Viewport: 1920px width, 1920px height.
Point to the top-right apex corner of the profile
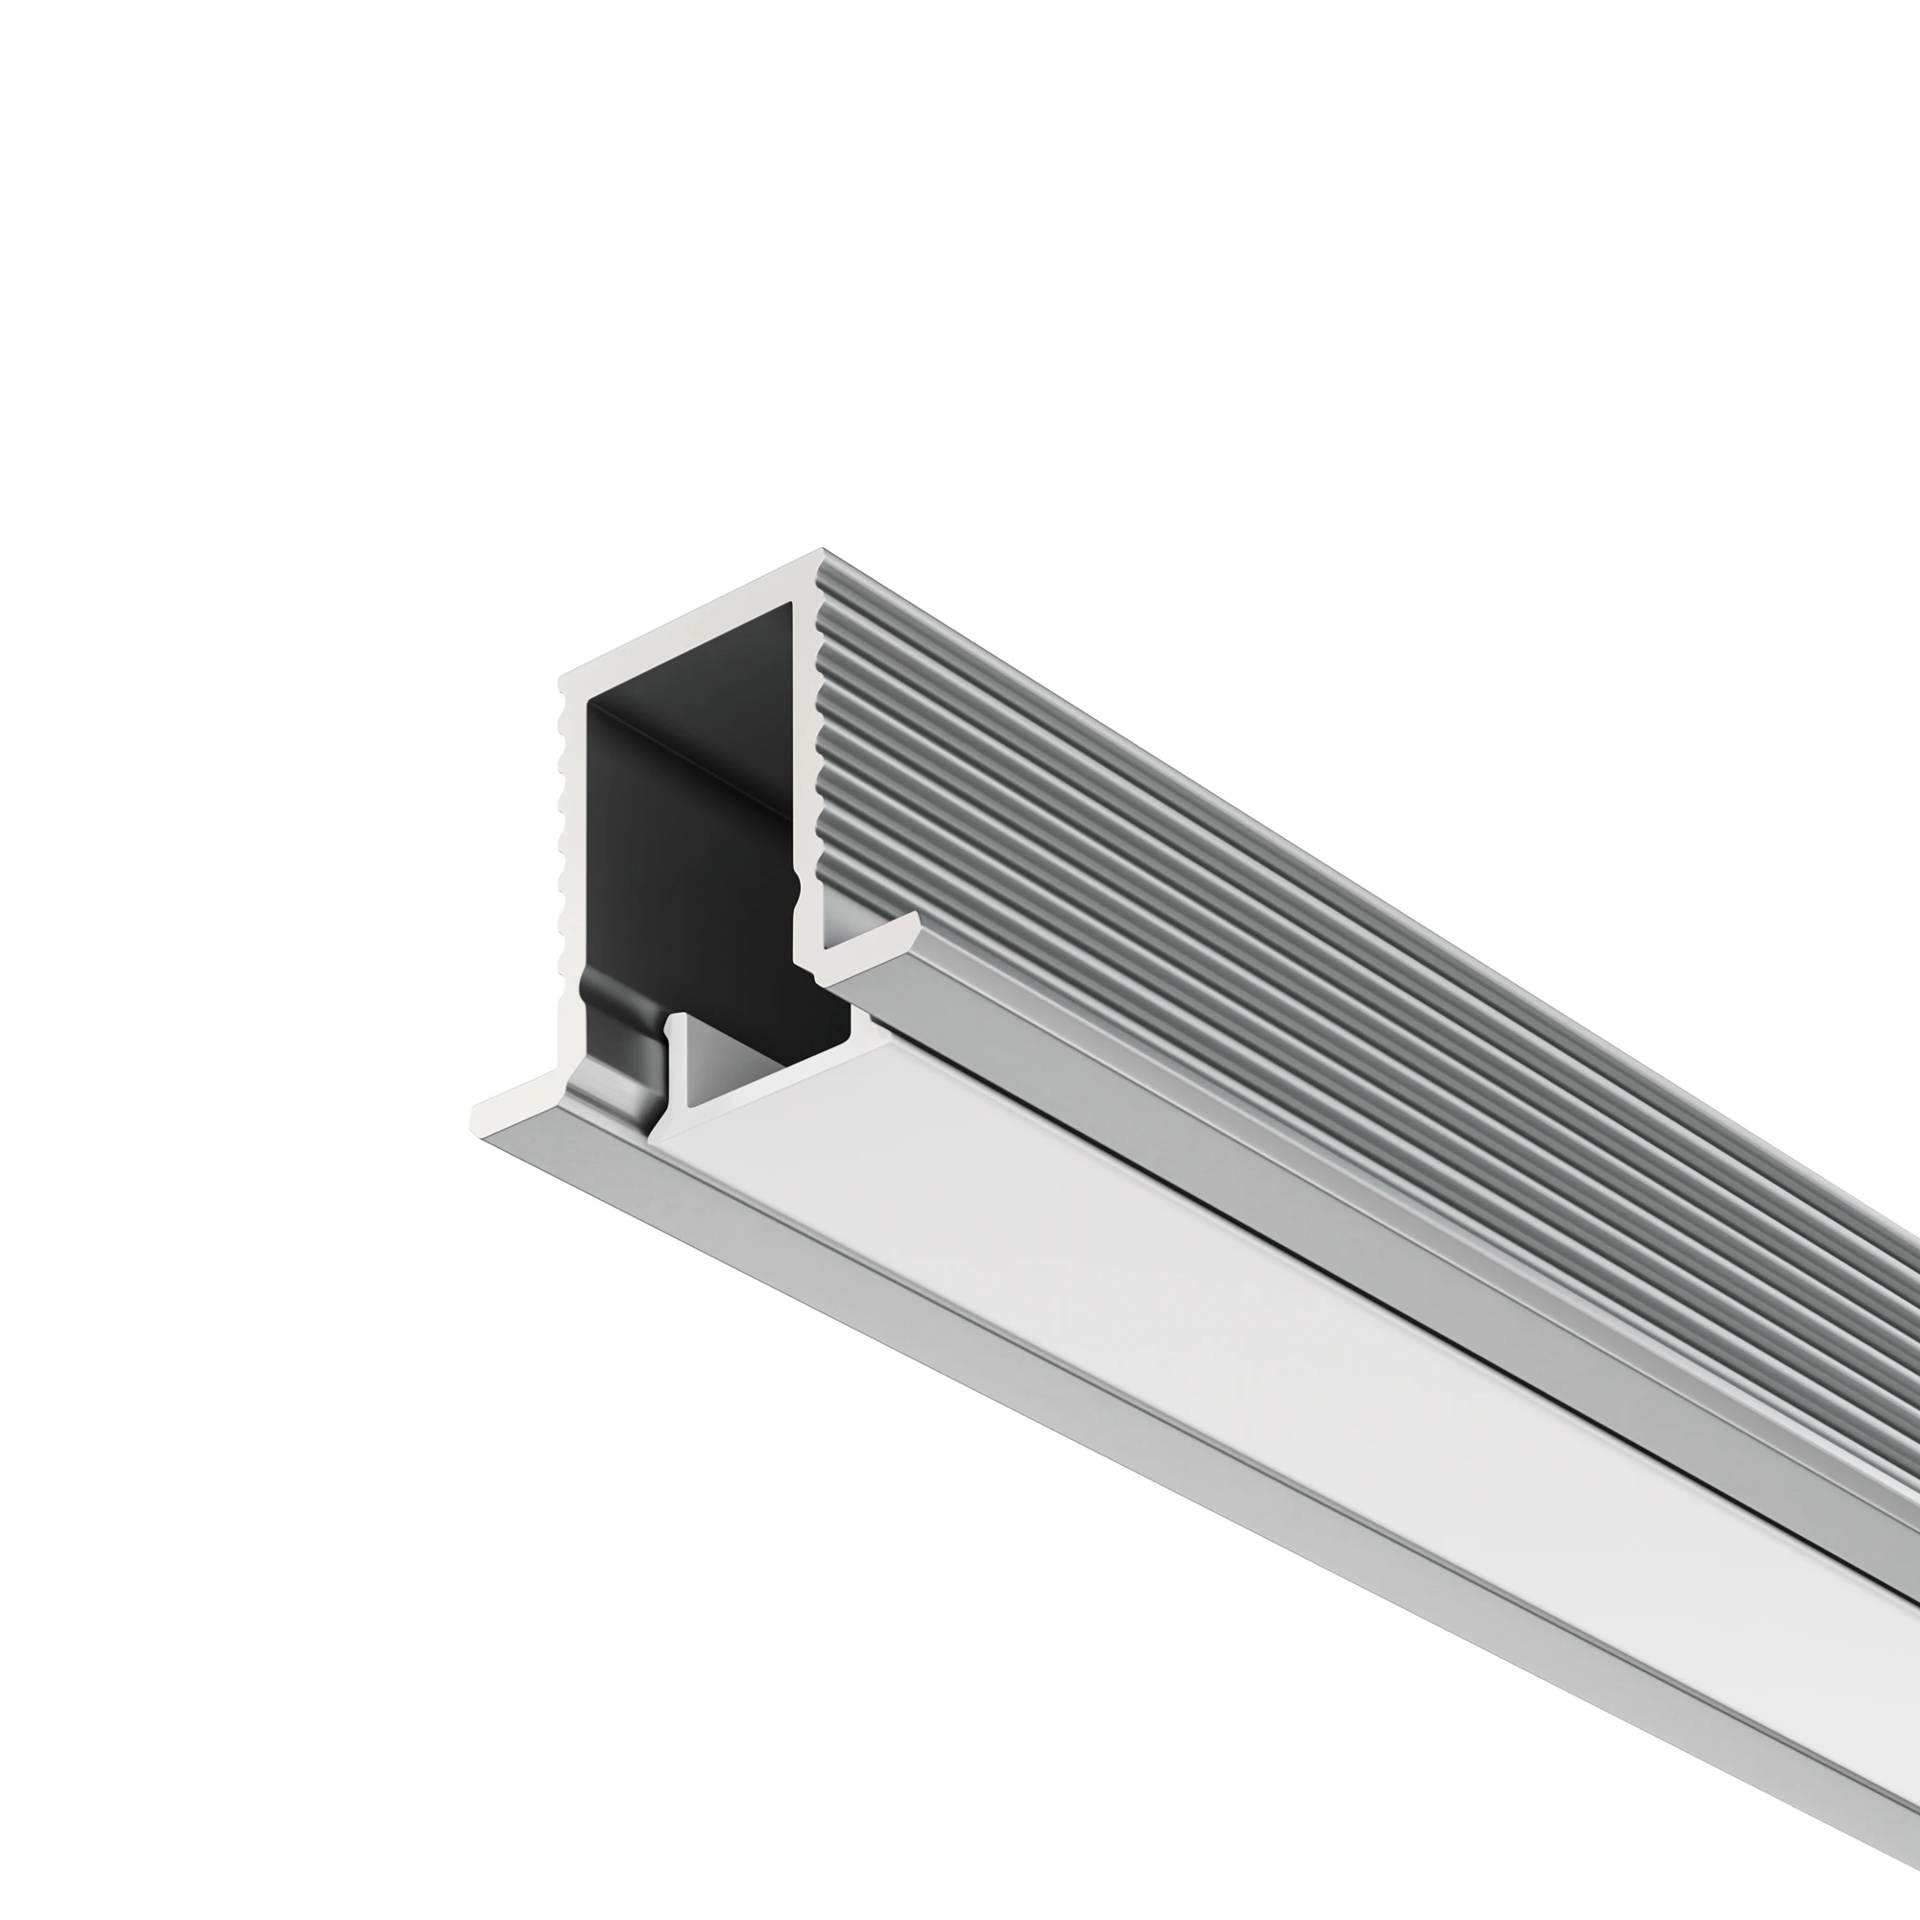pos(822,549)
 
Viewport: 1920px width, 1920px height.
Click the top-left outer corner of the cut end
pos(561,680)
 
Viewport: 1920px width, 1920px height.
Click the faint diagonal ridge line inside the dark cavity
pos(696,756)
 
